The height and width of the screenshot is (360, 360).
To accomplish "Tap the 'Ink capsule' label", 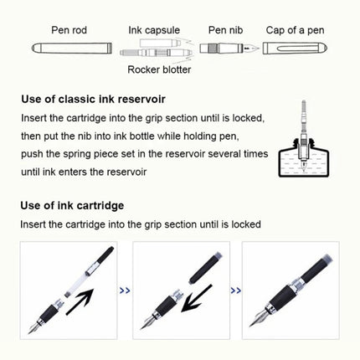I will [153, 30].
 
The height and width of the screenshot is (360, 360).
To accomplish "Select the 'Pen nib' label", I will [225, 30].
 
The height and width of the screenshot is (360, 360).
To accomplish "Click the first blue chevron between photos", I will [125, 291].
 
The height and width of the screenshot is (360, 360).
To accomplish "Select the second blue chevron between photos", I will [234, 291].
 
